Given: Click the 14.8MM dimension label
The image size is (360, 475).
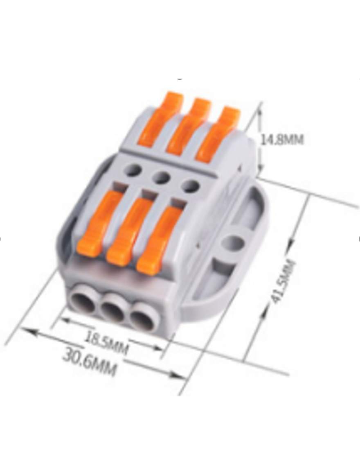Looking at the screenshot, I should (x=282, y=140).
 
